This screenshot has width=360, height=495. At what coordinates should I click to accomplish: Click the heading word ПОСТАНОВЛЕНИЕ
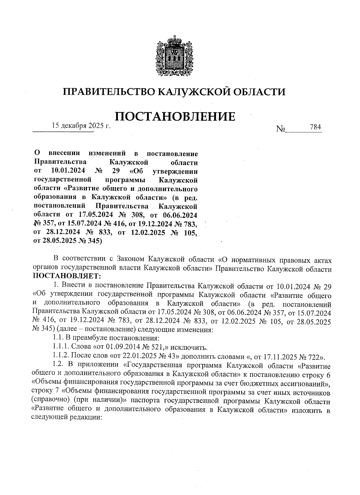[175, 116]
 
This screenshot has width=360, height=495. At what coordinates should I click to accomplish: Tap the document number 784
[315, 127]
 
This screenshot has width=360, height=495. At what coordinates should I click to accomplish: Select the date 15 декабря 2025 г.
[81, 126]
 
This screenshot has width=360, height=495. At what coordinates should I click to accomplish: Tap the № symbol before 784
[281, 129]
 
